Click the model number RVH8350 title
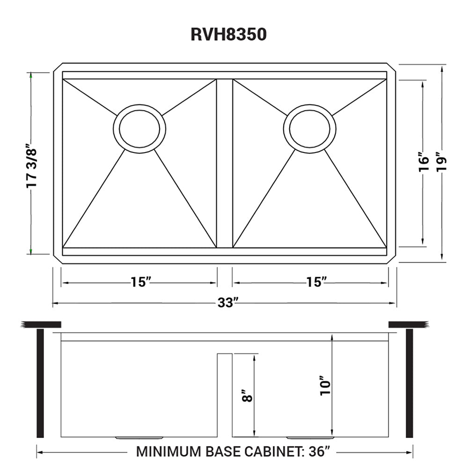(x=228, y=35)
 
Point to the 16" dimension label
(x=423, y=162)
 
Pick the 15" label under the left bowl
(x=140, y=282)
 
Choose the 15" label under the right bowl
(x=317, y=282)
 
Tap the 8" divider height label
(x=248, y=396)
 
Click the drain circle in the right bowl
(x=310, y=128)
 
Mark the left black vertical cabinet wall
(x=40, y=383)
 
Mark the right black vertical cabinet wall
(x=409, y=383)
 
